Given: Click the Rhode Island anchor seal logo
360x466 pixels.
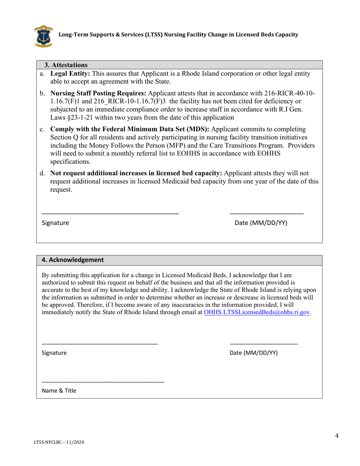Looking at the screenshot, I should [43, 36].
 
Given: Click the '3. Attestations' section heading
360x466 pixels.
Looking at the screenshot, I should [66, 65].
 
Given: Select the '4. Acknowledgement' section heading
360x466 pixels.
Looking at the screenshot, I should [72, 260].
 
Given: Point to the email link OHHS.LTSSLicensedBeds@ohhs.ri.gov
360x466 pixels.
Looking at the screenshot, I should [257, 313].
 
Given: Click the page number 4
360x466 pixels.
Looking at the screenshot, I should [337, 436].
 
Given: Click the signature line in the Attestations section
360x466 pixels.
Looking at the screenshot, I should [110, 214].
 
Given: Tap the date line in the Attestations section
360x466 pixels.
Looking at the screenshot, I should [267, 214].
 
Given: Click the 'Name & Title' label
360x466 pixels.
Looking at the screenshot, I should [59, 391].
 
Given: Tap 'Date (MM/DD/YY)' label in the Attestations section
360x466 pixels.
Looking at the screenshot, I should [261, 223].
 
